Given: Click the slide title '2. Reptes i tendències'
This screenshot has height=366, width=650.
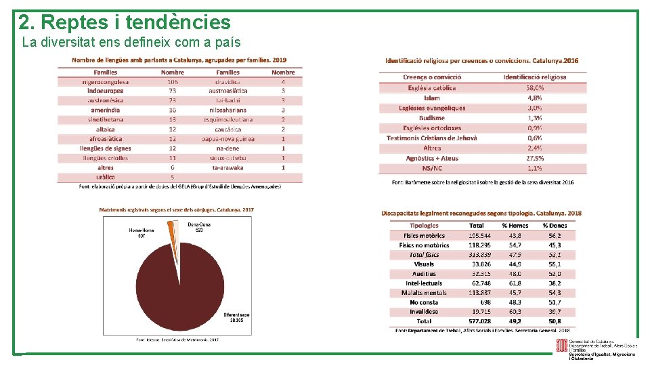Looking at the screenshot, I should (125, 22).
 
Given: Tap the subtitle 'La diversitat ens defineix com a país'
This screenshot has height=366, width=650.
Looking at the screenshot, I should (131, 43).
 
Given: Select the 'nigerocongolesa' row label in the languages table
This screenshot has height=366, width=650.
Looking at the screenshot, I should (105, 82).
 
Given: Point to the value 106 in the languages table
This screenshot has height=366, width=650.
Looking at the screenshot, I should (173, 82).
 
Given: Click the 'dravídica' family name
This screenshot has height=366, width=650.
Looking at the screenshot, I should (227, 82).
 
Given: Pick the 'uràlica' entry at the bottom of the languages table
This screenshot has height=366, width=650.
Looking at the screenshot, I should (105, 177).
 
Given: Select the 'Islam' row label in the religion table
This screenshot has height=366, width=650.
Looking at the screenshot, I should (432, 98).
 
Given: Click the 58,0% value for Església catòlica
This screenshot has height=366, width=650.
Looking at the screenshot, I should (534, 87).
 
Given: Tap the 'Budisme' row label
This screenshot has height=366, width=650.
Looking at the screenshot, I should (432, 118).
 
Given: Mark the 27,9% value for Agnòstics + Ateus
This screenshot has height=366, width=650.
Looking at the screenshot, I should (534, 158).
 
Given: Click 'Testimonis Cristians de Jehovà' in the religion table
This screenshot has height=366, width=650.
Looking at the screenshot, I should (432, 138).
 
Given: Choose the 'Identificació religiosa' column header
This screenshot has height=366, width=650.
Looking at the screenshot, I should (534, 77).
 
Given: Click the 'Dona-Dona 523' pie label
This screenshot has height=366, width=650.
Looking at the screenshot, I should (199, 227).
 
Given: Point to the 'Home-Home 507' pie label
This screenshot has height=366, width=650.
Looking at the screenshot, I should (142, 232).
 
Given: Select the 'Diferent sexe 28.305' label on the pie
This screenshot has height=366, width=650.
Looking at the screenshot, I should (236, 317).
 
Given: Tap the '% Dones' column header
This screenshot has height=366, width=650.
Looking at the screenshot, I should (555, 226).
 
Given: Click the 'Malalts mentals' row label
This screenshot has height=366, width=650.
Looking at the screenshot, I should (424, 293).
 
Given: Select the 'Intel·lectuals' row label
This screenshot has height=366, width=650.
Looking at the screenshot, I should (424, 283).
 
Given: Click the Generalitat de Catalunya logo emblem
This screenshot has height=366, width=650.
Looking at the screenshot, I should (561, 346).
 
